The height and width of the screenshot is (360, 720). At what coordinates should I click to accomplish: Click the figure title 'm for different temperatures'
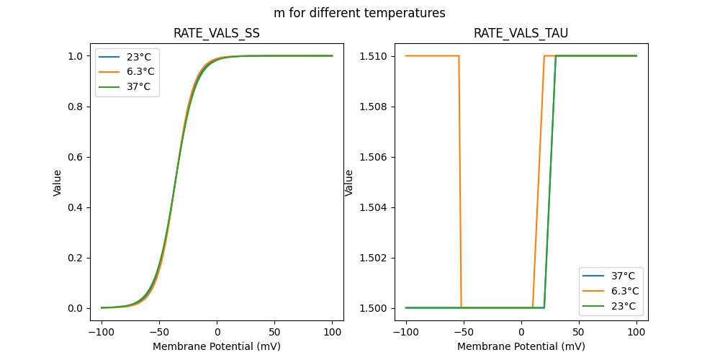359,13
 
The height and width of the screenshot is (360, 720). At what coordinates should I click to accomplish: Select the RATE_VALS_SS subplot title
217,33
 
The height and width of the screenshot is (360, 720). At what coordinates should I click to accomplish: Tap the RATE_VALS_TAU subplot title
521,33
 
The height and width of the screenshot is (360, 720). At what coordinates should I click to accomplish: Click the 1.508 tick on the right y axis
374,107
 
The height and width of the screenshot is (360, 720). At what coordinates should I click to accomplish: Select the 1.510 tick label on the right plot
374,56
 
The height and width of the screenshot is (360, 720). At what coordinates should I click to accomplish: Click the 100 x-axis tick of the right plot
636,331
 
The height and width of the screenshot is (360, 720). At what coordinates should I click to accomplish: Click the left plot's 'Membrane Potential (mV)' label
217,346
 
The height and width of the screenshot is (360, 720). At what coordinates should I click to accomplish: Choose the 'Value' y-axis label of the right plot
349,183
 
